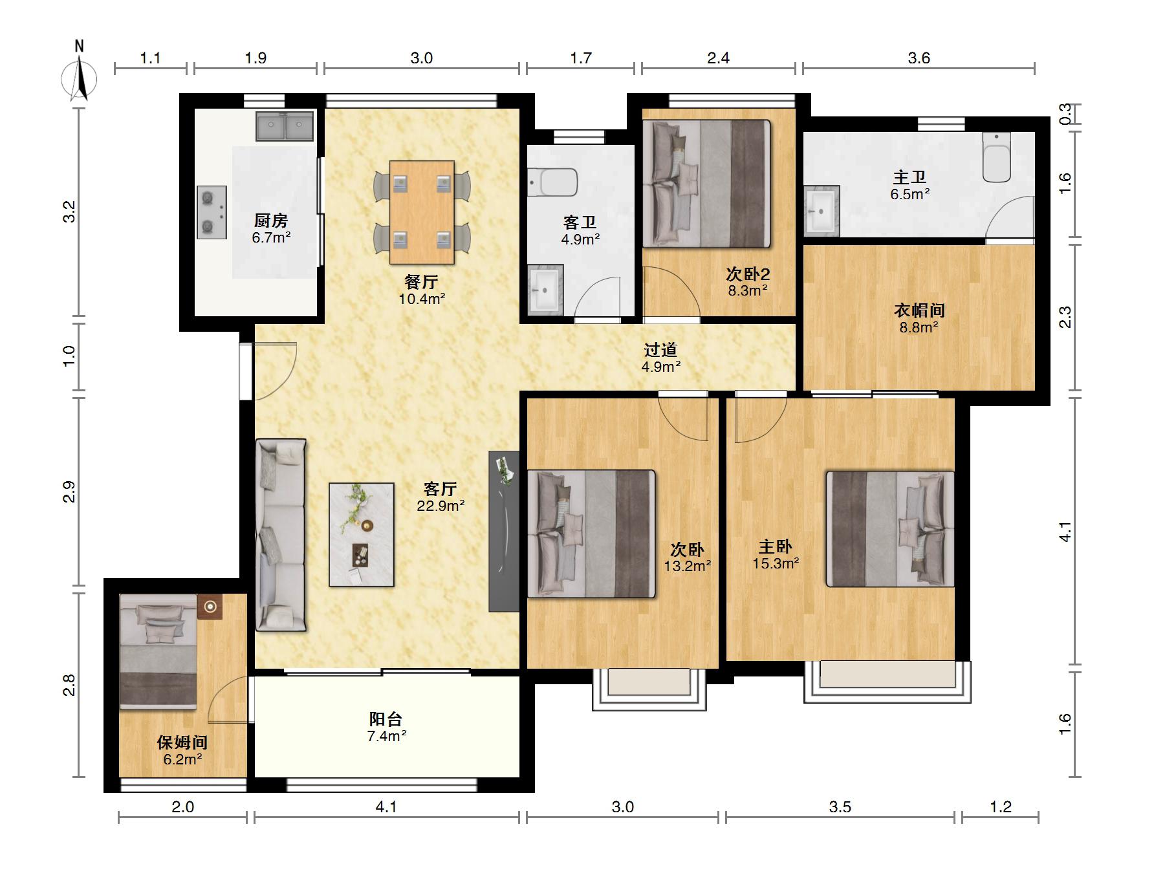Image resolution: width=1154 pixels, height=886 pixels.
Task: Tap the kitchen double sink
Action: click(x=285, y=126)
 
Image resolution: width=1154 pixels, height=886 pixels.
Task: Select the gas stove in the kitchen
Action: click(x=212, y=212)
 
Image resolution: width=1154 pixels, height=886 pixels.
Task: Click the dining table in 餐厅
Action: click(x=422, y=213)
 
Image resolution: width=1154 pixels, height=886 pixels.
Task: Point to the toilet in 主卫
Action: click(x=996, y=157)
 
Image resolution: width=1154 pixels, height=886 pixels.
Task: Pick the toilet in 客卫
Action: click(x=552, y=182)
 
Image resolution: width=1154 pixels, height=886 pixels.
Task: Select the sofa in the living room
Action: click(x=281, y=535)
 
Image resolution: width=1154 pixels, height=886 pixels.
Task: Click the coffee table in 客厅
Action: click(x=362, y=535)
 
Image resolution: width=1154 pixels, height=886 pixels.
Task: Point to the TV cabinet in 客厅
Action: click(x=504, y=531)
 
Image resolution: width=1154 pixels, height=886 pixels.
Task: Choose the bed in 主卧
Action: click(x=890, y=529)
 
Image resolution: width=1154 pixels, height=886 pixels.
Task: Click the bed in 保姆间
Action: click(x=158, y=652)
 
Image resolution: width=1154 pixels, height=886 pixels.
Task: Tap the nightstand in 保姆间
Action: click(x=210, y=607)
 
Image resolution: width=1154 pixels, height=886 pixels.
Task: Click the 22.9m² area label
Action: click(x=441, y=506)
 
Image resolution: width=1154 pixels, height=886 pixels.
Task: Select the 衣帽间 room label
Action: click(x=919, y=310)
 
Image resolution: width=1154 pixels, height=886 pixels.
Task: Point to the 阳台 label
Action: click(x=386, y=719)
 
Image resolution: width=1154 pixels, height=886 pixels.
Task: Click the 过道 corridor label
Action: click(x=660, y=350)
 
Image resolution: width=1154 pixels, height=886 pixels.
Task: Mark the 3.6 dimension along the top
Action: click(x=919, y=58)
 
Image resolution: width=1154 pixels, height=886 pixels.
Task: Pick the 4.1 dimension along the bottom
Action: click(x=386, y=806)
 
